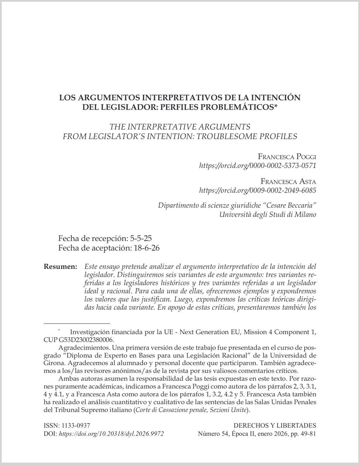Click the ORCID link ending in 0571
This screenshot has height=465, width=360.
(x=258, y=165)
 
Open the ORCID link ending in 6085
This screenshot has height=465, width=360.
(x=258, y=190)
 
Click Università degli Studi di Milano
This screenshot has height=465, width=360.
(x=268, y=214)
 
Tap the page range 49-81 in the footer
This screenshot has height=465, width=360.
(x=309, y=434)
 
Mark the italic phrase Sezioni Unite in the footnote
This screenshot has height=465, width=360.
(x=230, y=410)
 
